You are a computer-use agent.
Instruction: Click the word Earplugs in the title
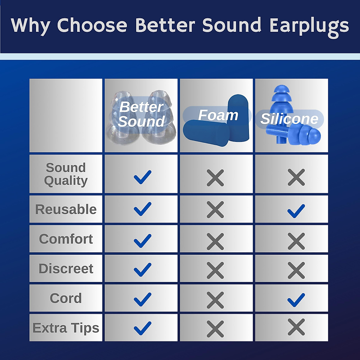coord(309,26)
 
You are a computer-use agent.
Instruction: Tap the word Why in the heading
coord(31,26)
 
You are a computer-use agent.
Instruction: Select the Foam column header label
coord(218,115)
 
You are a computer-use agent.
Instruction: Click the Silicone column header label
coord(289,119)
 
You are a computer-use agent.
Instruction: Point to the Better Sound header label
coord(141,114)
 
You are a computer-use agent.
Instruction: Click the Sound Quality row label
coord(66,174)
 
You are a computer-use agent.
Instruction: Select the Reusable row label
coord(66,209)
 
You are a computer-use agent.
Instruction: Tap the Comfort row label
coord(66,239)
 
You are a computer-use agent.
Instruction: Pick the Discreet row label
coord(66,268)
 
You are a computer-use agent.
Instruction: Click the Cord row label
coord(66,298)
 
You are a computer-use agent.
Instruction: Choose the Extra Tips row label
coord(66,328)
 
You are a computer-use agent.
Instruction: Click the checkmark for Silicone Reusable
coord(296,211)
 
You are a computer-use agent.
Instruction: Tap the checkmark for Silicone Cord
coord(296,300)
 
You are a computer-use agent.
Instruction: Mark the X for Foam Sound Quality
coord(215,178)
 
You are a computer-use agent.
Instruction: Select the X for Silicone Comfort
coord(296,241)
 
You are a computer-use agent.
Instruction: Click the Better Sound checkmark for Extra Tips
coord(142,328)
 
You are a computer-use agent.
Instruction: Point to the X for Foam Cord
coord(215,300)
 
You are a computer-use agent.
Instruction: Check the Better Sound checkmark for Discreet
coord(142,269)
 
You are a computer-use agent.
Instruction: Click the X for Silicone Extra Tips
coord(296,327)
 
